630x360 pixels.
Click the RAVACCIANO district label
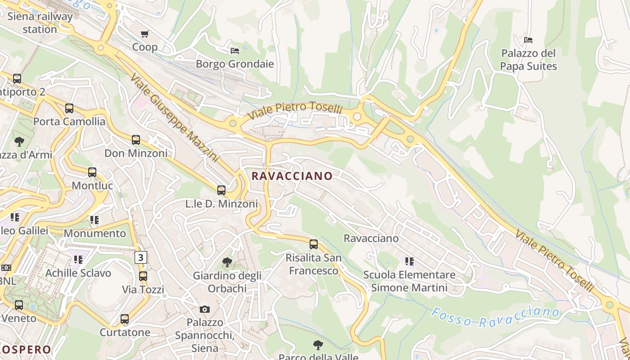coord(292,176)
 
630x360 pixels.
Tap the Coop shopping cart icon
coord(145,34)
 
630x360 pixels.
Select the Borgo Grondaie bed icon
coord(234,50)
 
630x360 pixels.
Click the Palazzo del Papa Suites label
coord(529,60)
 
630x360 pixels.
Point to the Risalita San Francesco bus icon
coord(314,244)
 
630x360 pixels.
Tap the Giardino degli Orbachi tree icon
coord(227,262)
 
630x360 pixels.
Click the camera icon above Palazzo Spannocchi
coord(205,309)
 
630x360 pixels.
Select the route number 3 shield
coord(141,257)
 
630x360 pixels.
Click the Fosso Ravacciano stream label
coord(495,317)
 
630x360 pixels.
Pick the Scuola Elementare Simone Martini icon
coord(409,261)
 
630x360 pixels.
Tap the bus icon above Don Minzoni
coord(136,140)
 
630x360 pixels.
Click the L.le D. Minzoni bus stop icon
coord(221,190)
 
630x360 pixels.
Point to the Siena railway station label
coord(40,23)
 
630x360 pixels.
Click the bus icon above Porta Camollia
coord(69,108)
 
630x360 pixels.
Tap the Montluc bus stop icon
coord(92,172)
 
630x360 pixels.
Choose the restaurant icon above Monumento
coord(94,220)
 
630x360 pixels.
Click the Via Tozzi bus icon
coord(143,276)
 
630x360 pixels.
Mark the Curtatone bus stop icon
coord(125,319)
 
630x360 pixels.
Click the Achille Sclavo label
coord(78,273)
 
